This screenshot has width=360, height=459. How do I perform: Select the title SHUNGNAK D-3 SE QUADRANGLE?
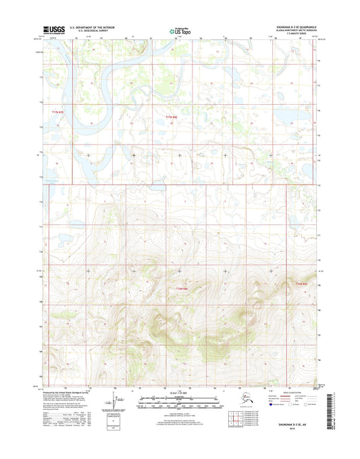pos(290,28)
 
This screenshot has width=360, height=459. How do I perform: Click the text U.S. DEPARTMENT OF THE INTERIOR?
pos(88,28)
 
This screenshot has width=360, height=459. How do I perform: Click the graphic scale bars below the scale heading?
pos(180,402)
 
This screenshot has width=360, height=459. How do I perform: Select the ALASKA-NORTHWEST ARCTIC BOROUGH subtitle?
pos(290,31)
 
